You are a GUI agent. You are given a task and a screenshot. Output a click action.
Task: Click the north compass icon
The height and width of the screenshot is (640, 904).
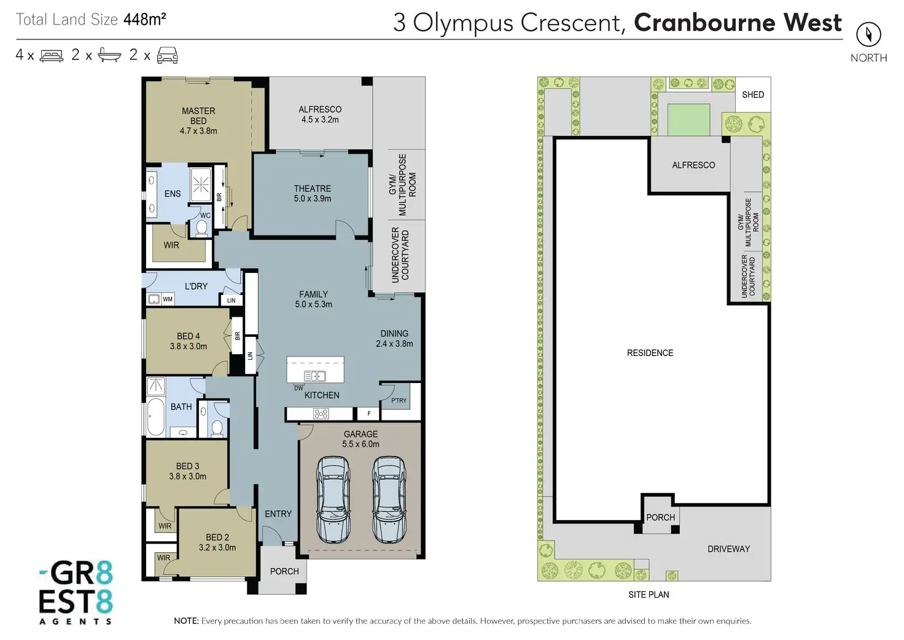(868, 34)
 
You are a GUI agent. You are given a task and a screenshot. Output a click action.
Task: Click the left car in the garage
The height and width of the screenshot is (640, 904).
(333, 499)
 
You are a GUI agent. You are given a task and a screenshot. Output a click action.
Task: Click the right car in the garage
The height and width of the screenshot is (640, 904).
(389, 499)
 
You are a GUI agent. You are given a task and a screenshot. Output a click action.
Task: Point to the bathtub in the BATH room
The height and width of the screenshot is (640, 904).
(155, 417)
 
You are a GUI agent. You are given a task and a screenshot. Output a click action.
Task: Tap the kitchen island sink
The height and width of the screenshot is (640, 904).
(315, 376)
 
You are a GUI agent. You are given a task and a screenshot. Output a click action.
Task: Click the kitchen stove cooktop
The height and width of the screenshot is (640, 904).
(321, 414)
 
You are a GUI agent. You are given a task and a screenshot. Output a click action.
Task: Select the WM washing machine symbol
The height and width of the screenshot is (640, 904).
(154, 299)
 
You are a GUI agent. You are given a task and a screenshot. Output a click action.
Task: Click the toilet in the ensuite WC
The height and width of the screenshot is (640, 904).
(201, 228)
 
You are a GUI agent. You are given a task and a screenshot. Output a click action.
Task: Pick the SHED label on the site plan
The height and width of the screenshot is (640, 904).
(753, 95)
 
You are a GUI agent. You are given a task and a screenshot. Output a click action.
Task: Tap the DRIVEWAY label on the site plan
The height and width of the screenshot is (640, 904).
(728, 549)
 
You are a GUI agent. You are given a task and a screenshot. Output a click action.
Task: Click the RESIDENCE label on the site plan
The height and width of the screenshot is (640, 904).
(650, 353)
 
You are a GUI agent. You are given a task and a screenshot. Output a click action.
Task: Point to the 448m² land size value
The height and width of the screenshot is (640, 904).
(144, 20)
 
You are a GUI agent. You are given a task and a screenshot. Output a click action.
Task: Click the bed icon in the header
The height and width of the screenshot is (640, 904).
(52, 56)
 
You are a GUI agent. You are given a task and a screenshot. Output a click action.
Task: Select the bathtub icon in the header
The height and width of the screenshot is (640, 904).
(109, 56)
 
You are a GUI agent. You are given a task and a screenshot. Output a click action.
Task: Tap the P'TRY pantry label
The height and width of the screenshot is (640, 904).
(399, 400)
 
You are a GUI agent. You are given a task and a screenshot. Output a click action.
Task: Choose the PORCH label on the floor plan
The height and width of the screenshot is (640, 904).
(284, 572)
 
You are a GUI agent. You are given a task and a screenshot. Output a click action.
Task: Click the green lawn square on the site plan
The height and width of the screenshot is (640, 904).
(688, 119)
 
